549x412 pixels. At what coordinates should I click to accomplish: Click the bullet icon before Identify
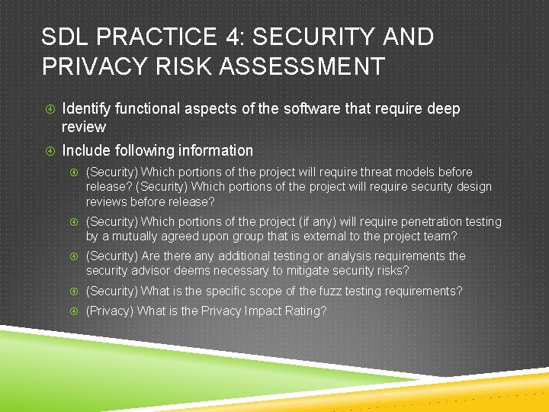[x=48, y=110]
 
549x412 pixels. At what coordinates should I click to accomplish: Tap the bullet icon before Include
[x=48, y=151]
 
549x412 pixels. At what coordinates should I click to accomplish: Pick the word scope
[x=267, y=291]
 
